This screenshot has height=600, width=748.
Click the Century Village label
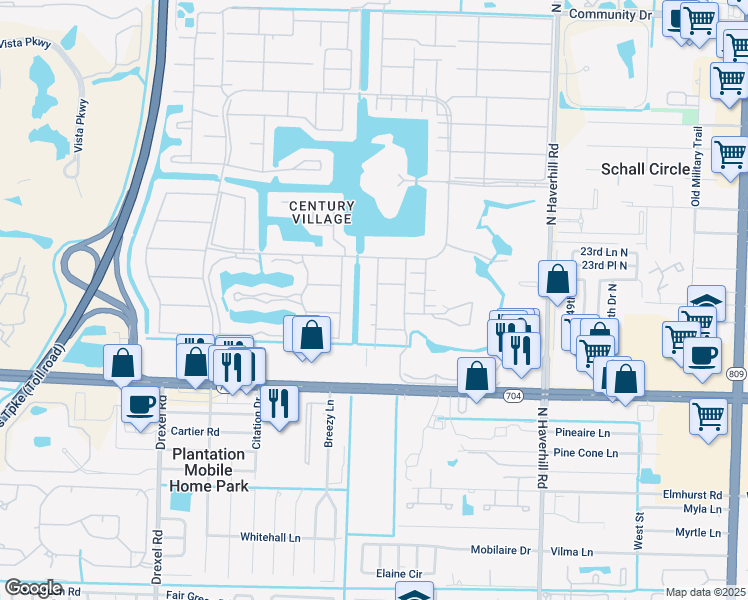tap(320, 212)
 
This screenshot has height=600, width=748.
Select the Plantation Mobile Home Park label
tap(209, 470)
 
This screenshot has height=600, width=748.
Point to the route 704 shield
tap(511, 395)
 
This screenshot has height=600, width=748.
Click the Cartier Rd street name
tap(193, 432)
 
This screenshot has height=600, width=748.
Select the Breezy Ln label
tap(329, 426)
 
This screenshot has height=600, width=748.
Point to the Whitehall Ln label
tap(270, 537)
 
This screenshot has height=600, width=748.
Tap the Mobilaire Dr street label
tap(497, 551)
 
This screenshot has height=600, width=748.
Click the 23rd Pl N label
tap(604, 265)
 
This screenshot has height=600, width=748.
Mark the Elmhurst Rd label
tap(692, 495)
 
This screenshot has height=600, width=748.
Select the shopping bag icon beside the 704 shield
tap(477, 376)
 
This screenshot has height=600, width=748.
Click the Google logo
tap(33, 588)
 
